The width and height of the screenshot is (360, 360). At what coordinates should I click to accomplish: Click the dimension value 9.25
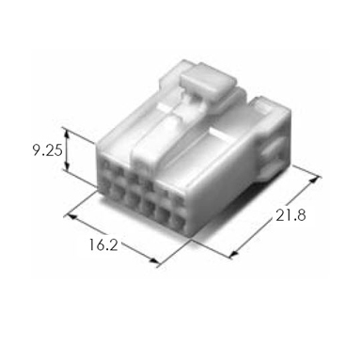click(x=48, y=150)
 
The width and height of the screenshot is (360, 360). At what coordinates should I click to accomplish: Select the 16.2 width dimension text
click(x=103, y=244)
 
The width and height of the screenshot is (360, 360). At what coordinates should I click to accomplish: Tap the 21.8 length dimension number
click(x=290, y=215)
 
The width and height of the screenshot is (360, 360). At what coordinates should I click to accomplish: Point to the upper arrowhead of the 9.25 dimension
click(x=67, y=133)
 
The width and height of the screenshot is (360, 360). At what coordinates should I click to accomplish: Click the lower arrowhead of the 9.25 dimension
click(x=67, y=166)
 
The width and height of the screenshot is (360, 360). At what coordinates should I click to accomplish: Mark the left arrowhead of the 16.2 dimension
click(x=71, y=216)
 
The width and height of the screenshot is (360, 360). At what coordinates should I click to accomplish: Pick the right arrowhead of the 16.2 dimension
click(x=154, y=260)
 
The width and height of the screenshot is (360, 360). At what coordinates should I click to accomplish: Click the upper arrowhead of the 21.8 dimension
click(x=314, y=180)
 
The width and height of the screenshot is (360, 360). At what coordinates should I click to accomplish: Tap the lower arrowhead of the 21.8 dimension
click(x=234, y=253)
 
